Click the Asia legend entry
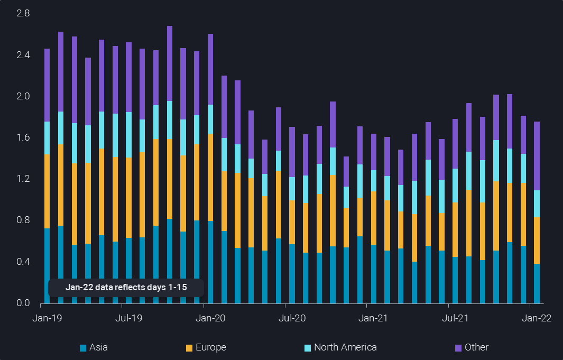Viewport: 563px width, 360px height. (x=94, y=347)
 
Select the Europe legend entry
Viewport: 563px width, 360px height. (x=206, y=347)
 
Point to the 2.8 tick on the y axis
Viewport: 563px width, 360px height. (x=23, y=13)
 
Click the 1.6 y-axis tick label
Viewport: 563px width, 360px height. (x=23, y=137)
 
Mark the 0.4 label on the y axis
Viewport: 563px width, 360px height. (x=23, y=262)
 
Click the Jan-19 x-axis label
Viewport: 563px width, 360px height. (x=47, y=318)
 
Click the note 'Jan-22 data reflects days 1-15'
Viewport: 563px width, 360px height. (x=126, y=288)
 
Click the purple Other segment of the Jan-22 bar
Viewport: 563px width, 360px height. (x=537, y=156)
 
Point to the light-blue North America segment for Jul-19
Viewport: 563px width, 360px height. (x=128, y=134)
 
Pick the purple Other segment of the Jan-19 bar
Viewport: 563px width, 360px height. (x=47, y=85)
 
